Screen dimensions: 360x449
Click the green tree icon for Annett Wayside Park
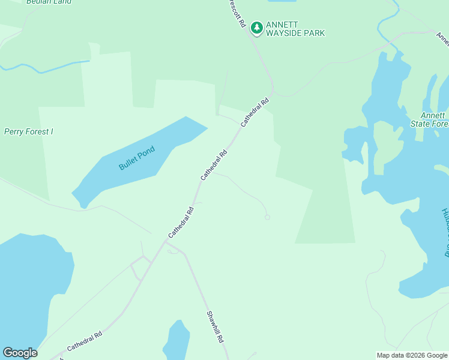[x=257, y=28]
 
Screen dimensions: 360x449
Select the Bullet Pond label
[x=137, y=158]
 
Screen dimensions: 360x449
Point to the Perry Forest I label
[x=29, y=131]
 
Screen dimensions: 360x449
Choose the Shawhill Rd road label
[x=215, y=326]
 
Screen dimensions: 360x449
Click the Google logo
[x=20, y=353]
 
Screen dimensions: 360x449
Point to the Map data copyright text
[x=412, y=355]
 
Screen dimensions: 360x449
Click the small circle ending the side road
[x=267, y=217]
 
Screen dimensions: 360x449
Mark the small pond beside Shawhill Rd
[x=176, y=341]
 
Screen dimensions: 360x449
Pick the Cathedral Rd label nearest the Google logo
[x=85, y=341]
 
